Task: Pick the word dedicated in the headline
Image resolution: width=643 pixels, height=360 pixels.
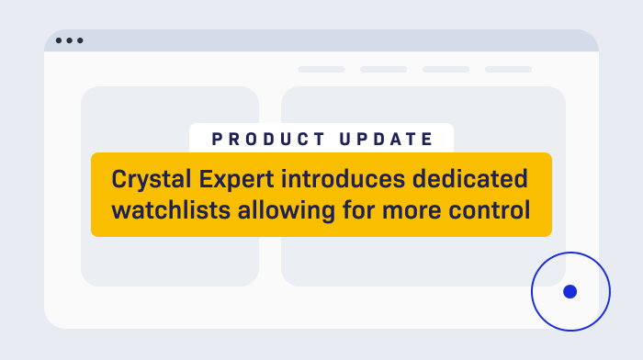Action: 475,177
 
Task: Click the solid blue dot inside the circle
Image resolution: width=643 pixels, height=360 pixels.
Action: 570,291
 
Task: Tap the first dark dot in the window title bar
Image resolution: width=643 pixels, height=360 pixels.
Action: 60,41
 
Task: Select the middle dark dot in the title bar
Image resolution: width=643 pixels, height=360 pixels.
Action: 70,41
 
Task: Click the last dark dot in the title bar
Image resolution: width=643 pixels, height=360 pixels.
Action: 80,41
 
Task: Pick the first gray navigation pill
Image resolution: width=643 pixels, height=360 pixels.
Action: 321,69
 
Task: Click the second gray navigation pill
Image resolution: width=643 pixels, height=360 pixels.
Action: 384,69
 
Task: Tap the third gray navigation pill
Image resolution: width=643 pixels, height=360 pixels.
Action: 446,69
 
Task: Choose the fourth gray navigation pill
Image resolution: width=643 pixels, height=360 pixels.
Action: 508,69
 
